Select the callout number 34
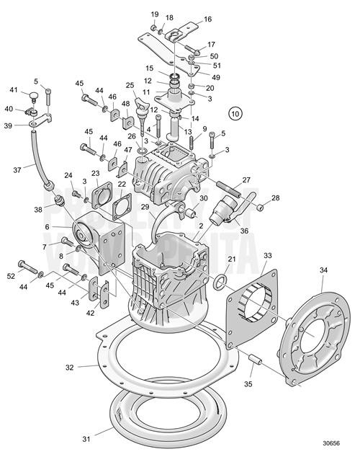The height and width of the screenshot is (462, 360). click(323, 270)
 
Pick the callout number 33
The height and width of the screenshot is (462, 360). click(268, 256)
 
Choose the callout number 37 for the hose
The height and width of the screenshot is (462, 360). click(18, 170)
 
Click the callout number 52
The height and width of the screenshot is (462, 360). click(11, 276)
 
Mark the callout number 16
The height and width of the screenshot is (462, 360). click(207, 19)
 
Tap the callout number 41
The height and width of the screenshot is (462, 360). click(14, 90)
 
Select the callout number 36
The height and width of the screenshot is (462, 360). click(244, 231)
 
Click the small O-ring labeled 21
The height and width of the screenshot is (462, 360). click(223, 279)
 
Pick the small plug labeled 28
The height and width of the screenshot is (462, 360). click(260, 207)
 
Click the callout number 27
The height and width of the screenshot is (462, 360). click(246, 180)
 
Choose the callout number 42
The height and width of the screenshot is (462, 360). click(91, 313)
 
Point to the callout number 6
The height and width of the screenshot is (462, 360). click(48, 226)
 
